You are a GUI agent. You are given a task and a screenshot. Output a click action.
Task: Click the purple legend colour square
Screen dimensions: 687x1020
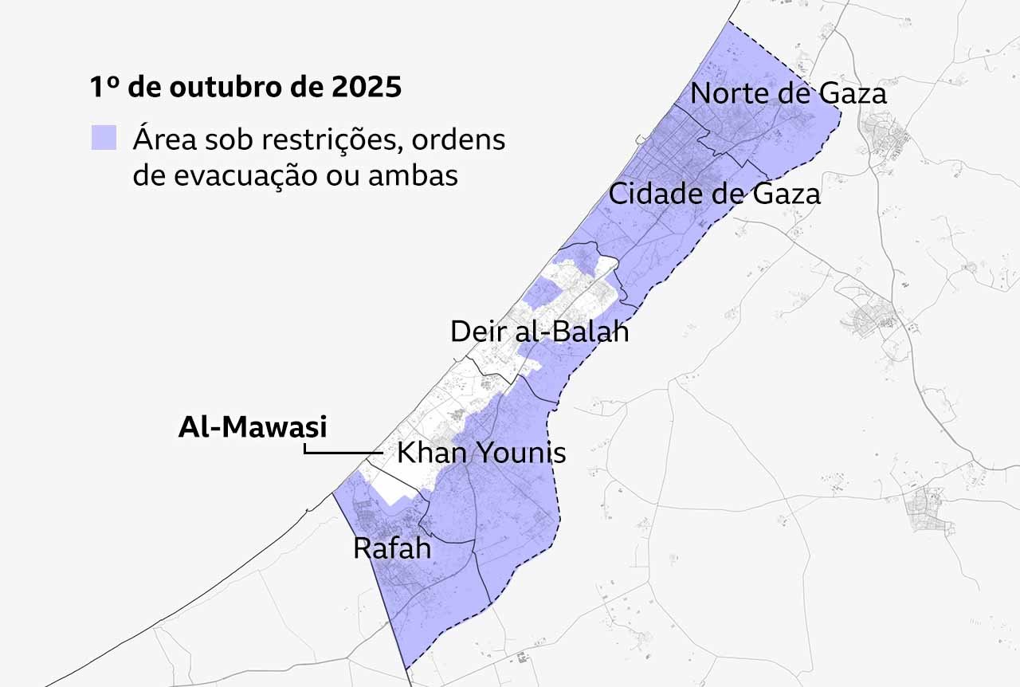coord(104,138)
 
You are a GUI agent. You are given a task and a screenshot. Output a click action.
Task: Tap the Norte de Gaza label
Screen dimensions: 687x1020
coord(787,93)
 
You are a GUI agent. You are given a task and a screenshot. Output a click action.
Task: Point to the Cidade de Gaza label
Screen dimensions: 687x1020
coord(714,193)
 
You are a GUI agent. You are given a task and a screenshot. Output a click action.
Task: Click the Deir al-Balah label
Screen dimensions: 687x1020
coord(539,331)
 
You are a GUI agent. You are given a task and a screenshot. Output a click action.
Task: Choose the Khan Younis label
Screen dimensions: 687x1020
coord(481,453)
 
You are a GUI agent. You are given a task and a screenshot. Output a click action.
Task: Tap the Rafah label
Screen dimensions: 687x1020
coord(391,548)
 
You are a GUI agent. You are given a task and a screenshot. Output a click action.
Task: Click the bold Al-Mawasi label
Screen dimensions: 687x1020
coord(252,427)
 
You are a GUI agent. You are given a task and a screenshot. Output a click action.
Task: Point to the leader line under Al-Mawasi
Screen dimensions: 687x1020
coord(343,453)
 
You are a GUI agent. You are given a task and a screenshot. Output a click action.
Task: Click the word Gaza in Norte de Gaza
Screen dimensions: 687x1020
coord(854,93)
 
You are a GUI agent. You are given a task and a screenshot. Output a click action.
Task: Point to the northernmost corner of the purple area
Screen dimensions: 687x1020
coord(727,22)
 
